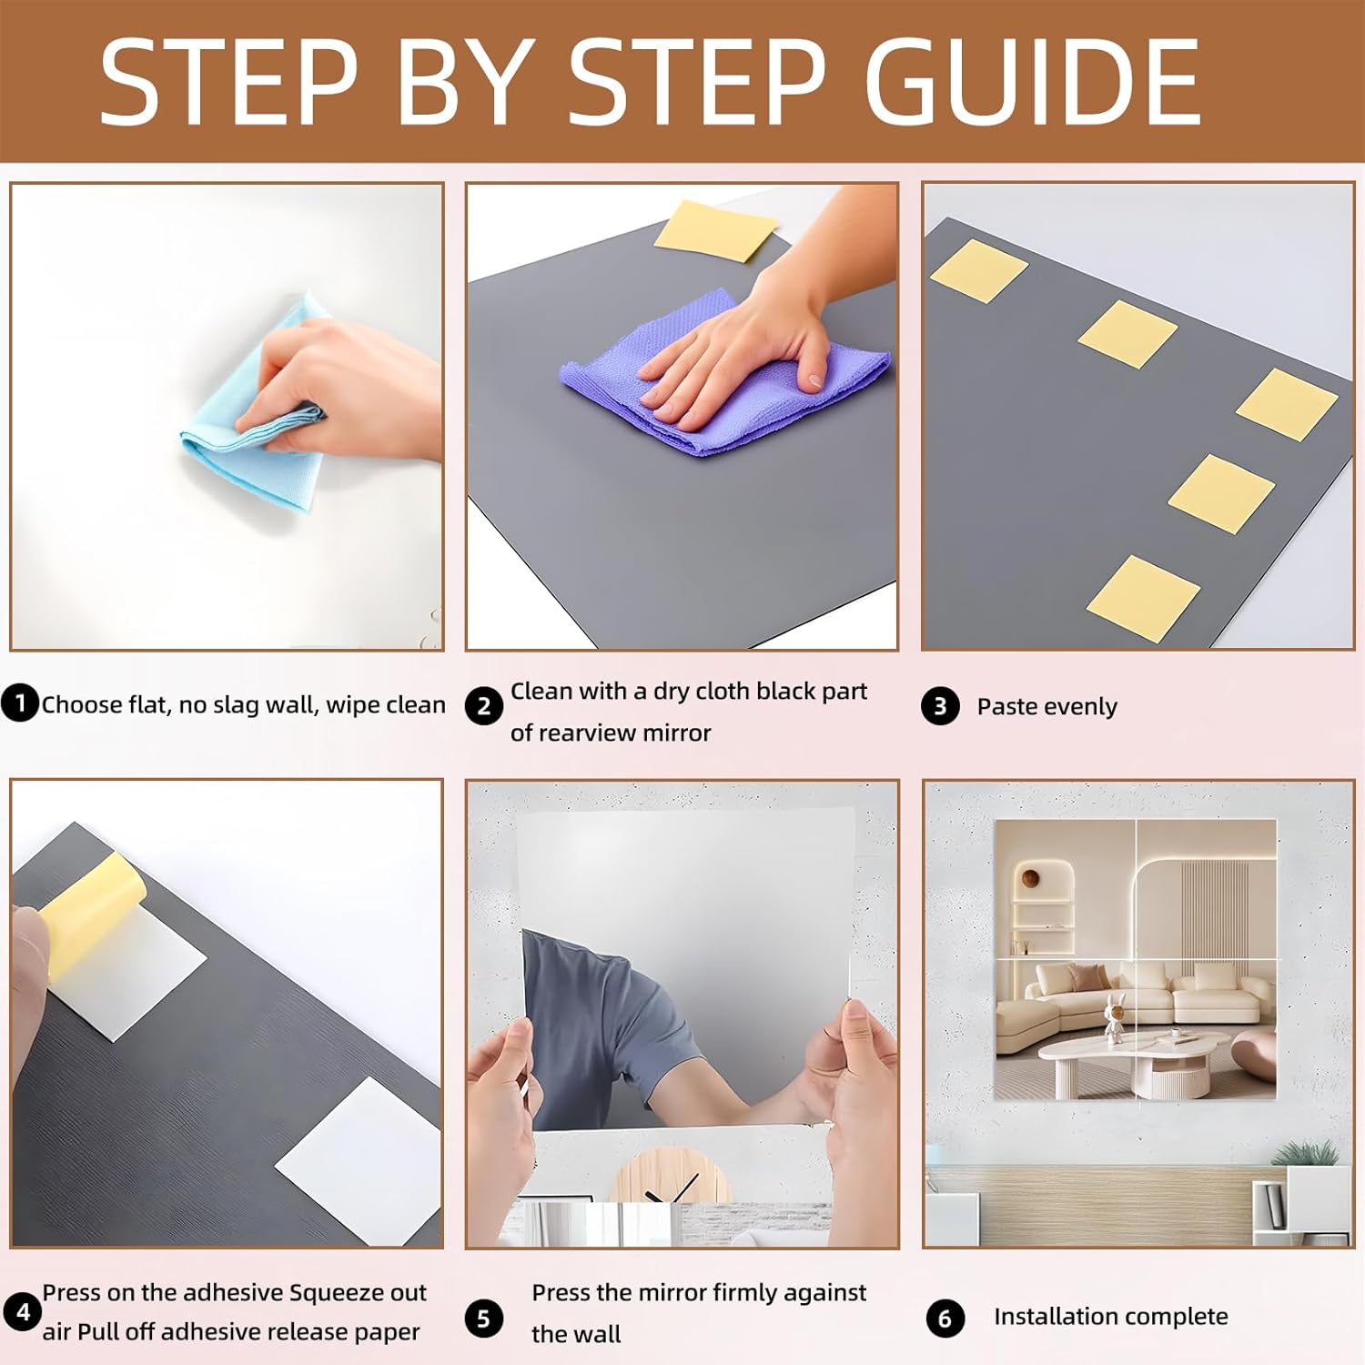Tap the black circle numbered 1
20,703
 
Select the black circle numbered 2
484,706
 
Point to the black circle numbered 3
940,706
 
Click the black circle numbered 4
23,1312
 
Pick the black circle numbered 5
484,1319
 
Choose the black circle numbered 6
945,1319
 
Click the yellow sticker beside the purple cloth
715,229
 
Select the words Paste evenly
1046,707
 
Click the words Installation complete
1110,1317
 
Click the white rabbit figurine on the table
1115,1016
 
